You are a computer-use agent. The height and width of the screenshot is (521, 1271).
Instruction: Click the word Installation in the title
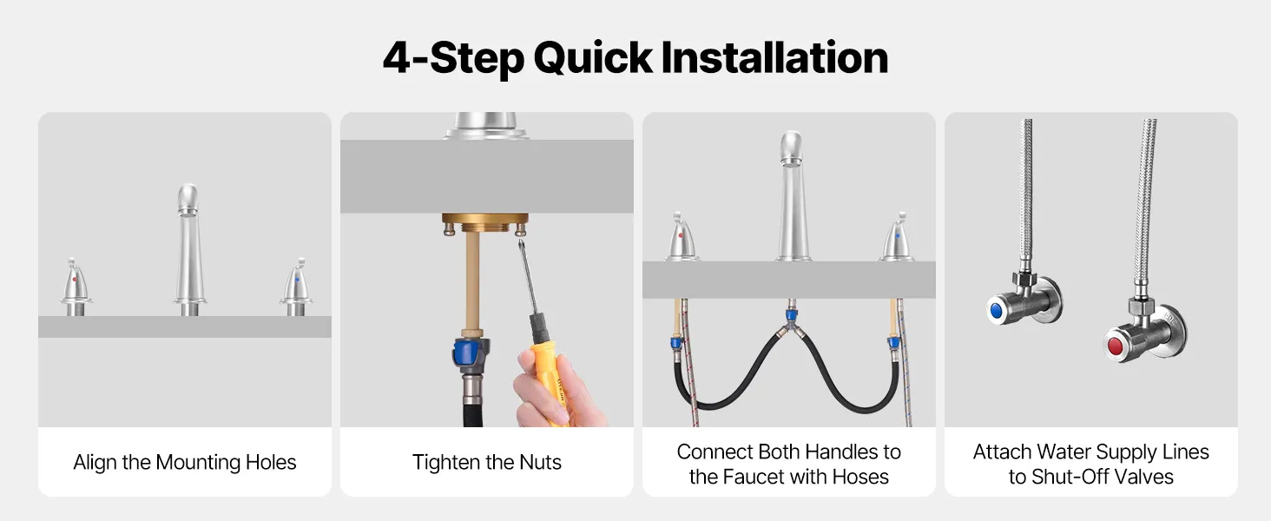click(774, 57)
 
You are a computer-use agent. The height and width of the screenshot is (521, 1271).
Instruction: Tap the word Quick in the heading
click(593, 59)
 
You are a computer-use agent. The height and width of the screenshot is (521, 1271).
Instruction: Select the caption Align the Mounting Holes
click(184, 463)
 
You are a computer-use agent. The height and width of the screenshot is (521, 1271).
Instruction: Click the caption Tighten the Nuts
click(486, 463)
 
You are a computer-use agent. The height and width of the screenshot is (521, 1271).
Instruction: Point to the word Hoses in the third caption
click(860, 477)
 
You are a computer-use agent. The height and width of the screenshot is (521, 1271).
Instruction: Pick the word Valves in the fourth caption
click(1145, 477)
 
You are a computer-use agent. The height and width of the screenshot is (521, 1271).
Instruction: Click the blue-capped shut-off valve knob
click(997, 311)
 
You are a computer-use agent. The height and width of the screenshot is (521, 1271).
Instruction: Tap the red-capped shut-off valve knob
click(1116, 346)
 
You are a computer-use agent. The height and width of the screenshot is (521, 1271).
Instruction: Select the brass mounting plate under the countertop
click(484, 219)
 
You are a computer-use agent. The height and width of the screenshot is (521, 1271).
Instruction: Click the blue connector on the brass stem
click(471, 352)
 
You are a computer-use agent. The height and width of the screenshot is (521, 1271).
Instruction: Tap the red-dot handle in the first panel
click(75, 287)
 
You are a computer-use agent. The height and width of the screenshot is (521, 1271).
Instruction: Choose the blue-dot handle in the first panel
click(296, 287)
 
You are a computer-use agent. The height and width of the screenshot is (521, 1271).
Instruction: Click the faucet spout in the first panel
click(189, 250)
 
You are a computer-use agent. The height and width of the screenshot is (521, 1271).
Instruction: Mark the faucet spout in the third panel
click(793, 196)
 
